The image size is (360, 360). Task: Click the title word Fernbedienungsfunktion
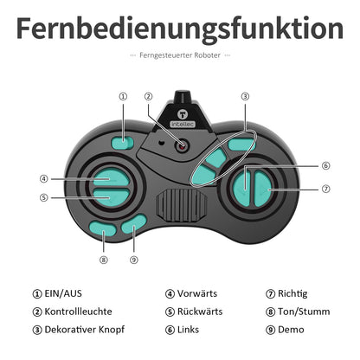(180, 29)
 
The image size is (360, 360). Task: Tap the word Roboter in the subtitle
(207, 55)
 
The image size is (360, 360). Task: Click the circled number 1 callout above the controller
(123, 96)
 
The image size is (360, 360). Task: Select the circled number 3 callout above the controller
(245, 96)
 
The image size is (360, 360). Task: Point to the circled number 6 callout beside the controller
(326, 166)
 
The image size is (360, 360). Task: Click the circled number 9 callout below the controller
(134, 260)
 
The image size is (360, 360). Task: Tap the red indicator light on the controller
(182, 146)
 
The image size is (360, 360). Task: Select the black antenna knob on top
(183, 97)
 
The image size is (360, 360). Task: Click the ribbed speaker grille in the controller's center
(182, 205)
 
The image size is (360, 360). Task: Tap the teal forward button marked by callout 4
(112, 177)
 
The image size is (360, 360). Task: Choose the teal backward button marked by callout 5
(112, 197)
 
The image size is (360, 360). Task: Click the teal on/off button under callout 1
(122, 143)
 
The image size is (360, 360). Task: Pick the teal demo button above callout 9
(133, 224)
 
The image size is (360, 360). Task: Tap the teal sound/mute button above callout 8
(103, 228)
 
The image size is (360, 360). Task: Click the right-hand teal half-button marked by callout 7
(263, 189)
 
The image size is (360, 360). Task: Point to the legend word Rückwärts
(200, 312)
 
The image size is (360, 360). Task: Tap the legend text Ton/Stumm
(304, 312)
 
